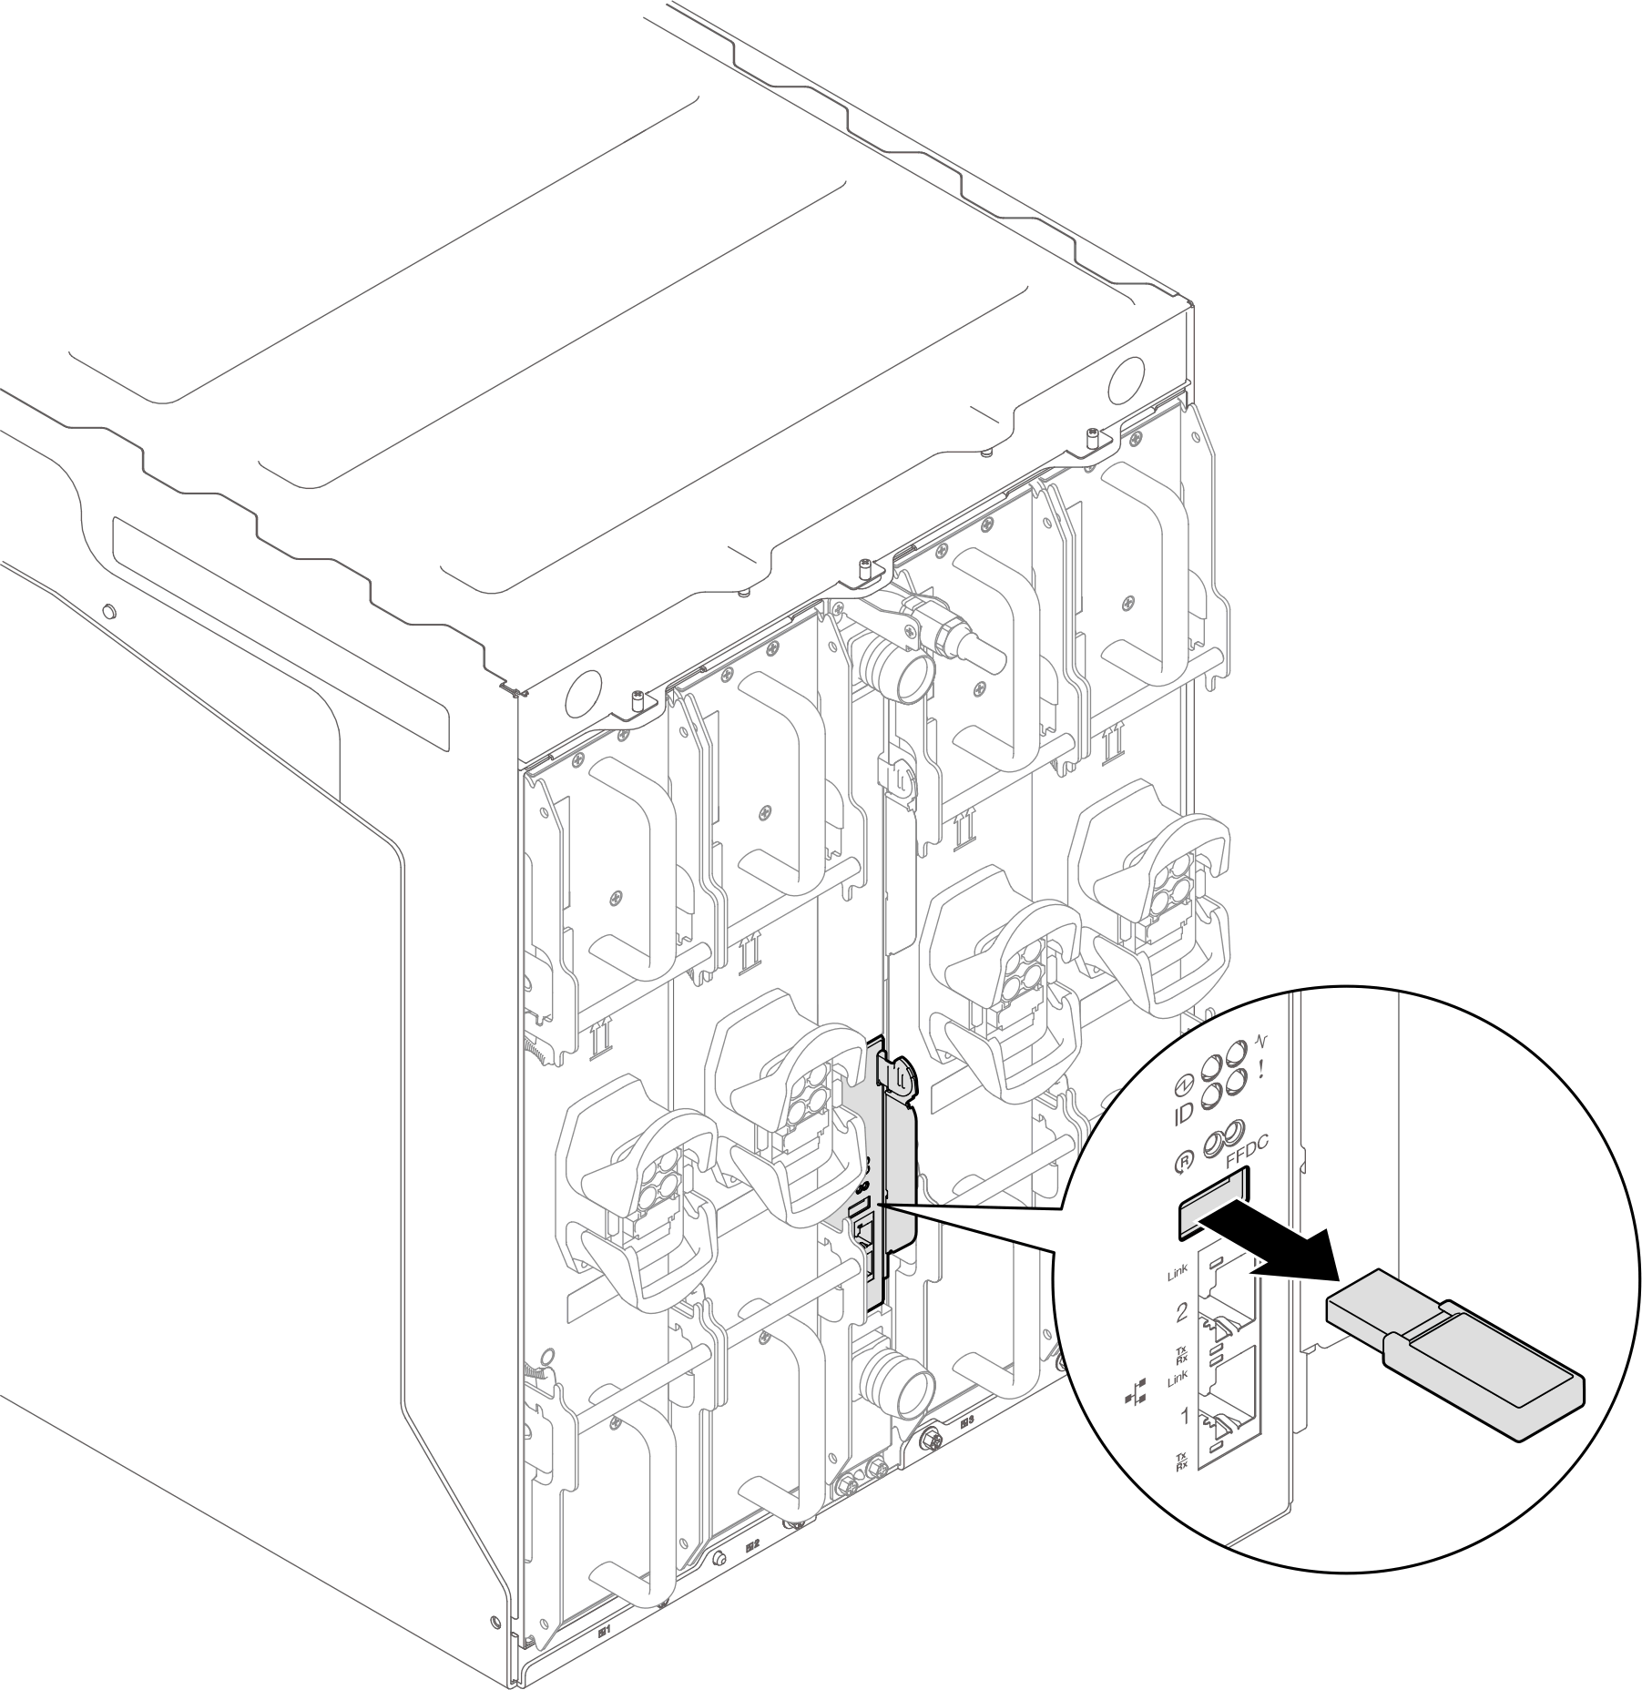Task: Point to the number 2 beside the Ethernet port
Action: click(x=1182, y=1312)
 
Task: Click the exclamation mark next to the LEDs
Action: click(x=1261, y=1071)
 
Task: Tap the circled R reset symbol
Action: click(x=1182, y=1161)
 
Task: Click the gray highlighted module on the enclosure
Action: click(x=892, y=1184)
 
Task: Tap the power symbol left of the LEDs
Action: click(x=1180, y=1084)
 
